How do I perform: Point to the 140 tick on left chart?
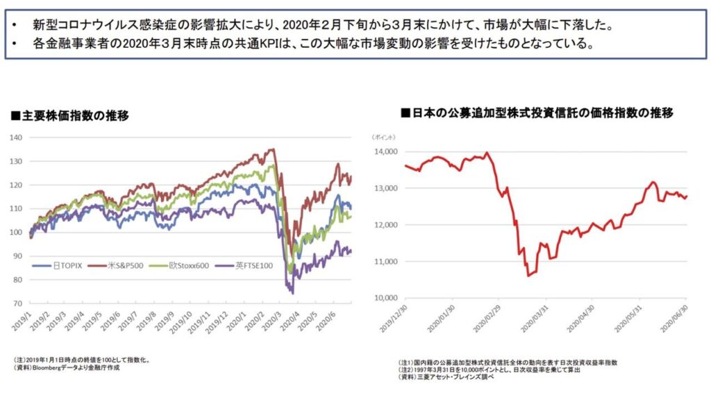17,137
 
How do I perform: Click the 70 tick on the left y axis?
19,303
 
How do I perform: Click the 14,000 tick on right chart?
385,151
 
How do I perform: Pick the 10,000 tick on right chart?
385,299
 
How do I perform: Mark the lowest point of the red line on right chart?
529,276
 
